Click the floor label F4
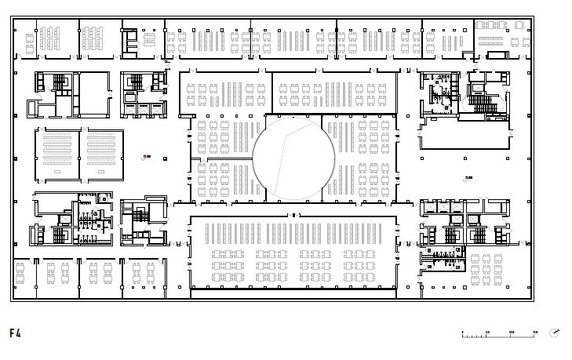(15, 333)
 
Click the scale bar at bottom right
(499, 335)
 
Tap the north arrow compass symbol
(555, 333)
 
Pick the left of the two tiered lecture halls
(57, 155)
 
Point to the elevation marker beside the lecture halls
(146, 157)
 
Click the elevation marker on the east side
(469, 178)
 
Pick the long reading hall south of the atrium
(292, 251)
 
